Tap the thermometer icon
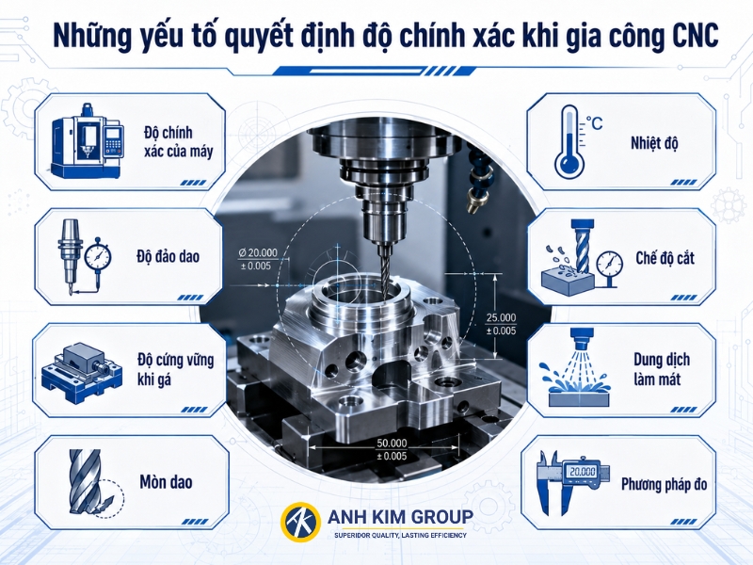coord(569,140)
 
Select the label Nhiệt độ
coord(654,144)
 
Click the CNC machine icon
coord(88,139)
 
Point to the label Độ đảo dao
coord(168,256)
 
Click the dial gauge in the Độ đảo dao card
coord(98,256)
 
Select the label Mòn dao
coord(166,482)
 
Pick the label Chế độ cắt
coord(665,258)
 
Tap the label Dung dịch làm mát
coord(662,369)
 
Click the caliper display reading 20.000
coord(582,472)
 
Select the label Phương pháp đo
coord(665,484)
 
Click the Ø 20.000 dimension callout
coord(258,259)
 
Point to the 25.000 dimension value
coord(501,317)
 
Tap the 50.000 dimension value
coord(392,443)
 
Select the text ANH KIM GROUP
coord(400,517)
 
